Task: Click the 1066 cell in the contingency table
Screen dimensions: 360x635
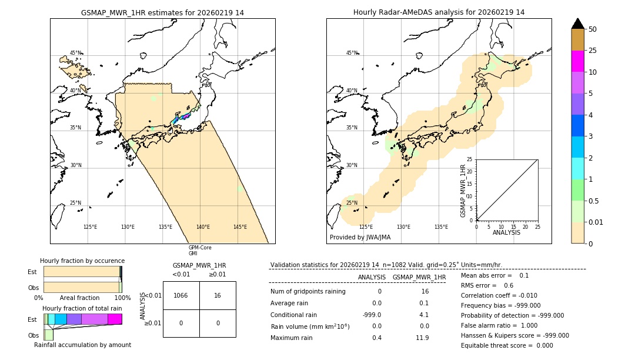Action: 181,295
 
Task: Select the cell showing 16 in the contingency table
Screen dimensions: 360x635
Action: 218,295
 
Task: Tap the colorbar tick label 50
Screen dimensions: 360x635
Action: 593,29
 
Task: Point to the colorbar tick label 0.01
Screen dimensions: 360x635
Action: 596,222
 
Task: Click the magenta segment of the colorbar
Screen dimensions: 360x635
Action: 578,61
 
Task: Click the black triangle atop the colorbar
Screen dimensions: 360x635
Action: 578,23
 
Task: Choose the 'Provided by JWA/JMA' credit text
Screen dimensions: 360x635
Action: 360,237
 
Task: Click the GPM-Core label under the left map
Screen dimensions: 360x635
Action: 200,248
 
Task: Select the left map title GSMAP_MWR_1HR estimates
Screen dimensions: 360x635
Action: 162,12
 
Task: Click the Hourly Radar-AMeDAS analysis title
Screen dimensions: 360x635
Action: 439,12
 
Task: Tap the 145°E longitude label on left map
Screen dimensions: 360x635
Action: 240,227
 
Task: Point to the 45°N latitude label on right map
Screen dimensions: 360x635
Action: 352,53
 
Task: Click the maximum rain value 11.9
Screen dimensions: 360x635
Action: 422,338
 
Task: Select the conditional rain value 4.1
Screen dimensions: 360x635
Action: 424,315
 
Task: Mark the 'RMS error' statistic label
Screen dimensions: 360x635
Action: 479,285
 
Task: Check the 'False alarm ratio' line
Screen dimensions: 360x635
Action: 491,325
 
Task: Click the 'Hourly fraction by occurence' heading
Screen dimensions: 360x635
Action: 82,261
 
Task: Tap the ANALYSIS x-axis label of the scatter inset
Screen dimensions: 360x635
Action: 507,232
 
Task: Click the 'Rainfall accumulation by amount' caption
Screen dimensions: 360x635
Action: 82,345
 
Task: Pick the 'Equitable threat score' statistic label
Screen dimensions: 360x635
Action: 498,345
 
